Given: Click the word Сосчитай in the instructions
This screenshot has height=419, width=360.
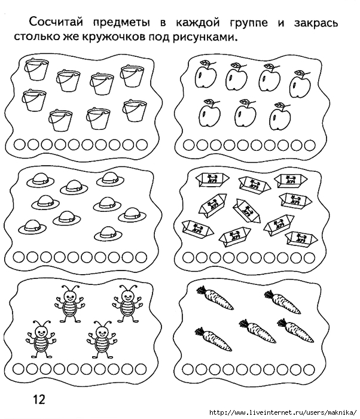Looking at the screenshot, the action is (56, 22).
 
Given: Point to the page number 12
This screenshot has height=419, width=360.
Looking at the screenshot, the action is (39, 400).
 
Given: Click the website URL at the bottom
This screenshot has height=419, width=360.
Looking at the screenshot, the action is (283, 412).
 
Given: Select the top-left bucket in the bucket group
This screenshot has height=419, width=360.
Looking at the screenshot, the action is (36, 69).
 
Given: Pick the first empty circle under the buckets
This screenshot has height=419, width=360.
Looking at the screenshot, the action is (20, 145).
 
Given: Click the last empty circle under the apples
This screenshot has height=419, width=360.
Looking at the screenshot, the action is (310, 145).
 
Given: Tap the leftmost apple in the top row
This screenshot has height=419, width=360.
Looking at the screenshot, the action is (205, 74).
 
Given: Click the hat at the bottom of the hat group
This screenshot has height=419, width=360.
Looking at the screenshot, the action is (108, 233).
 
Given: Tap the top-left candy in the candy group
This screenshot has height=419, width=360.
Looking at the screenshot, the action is (212, 178).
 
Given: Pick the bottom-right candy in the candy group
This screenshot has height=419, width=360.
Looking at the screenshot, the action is (301, 238).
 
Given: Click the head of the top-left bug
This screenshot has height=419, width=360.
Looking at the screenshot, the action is (70, 296).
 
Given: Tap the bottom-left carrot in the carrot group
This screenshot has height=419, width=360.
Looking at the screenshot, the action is (213, 339).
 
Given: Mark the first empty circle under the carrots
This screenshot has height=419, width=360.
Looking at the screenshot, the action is (188, 370).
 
